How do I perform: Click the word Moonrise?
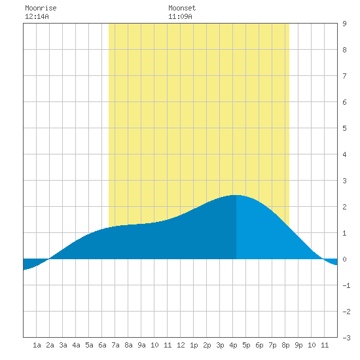pos(41,8)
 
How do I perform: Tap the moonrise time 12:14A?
pos(37,16)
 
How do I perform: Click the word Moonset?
pos(182,8)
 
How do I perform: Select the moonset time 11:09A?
pos(180,16)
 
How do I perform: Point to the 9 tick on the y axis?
pos(344,24)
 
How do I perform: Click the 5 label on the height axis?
pos(344,128)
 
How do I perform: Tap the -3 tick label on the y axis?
pos(346,338)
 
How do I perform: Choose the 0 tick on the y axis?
pos(344,259)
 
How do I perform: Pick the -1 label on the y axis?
pos(346,285)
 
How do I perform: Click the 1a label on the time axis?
pos(37,345)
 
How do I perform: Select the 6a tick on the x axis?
pos(102,345)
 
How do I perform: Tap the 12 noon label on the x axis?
pos(181,345)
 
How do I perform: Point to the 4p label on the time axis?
pos(233,345)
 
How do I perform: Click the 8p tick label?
pos(285,345)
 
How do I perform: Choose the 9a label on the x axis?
pos(141,345)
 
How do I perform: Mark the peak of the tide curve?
pos(236,195)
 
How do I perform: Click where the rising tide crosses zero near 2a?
pos(49,259)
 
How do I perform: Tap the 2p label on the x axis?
pos(207,345)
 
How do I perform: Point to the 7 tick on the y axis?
pos(344,76)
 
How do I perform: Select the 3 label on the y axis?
pos(344,181)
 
